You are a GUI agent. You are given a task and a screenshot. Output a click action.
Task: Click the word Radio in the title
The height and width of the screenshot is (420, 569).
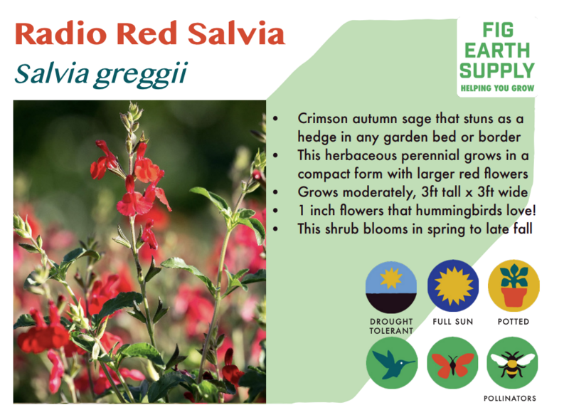tap(60, 33)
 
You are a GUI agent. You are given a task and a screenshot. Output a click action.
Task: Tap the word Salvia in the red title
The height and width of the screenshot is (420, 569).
tap(236, 33)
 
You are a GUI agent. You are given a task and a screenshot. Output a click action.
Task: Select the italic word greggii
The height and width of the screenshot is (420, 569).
tap(141, 75)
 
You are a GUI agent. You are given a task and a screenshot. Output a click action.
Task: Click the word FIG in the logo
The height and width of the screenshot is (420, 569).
tap(498, 30)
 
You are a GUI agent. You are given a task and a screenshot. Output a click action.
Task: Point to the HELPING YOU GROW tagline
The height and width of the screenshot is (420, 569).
tap(497, 88)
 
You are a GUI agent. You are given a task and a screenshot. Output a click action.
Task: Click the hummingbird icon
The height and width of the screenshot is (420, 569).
tap(392, 362)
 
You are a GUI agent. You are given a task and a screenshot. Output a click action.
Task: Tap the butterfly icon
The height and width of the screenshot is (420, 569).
tap(452, 362)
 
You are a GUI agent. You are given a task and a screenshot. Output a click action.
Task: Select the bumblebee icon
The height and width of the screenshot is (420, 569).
tap(512, 362)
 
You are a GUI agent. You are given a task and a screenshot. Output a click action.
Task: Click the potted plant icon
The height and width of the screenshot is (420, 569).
tap(514, 285)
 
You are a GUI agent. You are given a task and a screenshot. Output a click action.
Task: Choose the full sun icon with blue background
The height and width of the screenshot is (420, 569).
tap(453, 285)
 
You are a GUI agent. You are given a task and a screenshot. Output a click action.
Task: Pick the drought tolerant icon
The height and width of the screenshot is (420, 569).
tap(391, 287)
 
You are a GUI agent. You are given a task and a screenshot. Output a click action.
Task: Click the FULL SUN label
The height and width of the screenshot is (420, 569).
tap(453, 322)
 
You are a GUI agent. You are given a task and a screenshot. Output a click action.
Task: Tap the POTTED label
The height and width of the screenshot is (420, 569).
tap(514, 322)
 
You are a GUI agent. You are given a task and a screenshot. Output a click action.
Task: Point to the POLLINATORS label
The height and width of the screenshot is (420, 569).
tap(510, 399)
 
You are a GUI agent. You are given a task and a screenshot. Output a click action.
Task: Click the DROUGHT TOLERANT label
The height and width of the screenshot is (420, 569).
tap(391, 326)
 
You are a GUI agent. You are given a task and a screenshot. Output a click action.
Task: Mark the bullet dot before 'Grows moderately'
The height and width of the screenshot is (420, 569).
tap(276, 192)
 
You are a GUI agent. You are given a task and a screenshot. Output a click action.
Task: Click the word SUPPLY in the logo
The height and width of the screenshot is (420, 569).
tap(497, 70)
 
